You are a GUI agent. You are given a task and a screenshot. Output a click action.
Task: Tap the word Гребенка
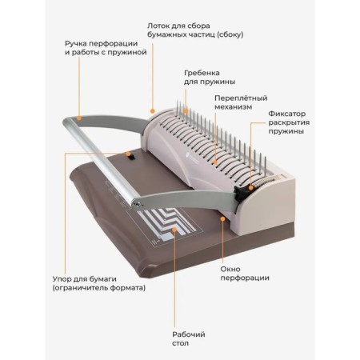point(202,73)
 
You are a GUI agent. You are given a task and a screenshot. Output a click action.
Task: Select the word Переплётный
point(241,98)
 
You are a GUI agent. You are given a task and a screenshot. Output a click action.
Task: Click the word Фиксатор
point(287,114)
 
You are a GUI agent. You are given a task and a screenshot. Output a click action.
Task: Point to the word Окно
point(230,269)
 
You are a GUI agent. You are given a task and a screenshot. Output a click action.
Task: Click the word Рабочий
point(189,334)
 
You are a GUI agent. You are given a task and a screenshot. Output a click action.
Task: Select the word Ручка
point(75,44)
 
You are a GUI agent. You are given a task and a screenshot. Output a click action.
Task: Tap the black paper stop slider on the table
point(130,156)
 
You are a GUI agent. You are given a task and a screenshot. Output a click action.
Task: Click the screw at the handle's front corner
point(137,204)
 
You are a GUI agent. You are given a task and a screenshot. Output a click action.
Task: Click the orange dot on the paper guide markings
point(174,230)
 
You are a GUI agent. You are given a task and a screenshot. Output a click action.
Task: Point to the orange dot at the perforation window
point(222,218)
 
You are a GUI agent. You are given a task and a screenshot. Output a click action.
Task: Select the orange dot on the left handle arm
point(79,118)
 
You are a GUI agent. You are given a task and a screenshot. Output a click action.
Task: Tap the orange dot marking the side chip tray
point(153,110)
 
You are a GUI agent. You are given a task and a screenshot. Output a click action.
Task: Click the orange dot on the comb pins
point(186,110)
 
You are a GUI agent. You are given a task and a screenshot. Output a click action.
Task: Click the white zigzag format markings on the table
point(166,222)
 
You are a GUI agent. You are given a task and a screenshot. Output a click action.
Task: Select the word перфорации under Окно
point(245,278)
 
